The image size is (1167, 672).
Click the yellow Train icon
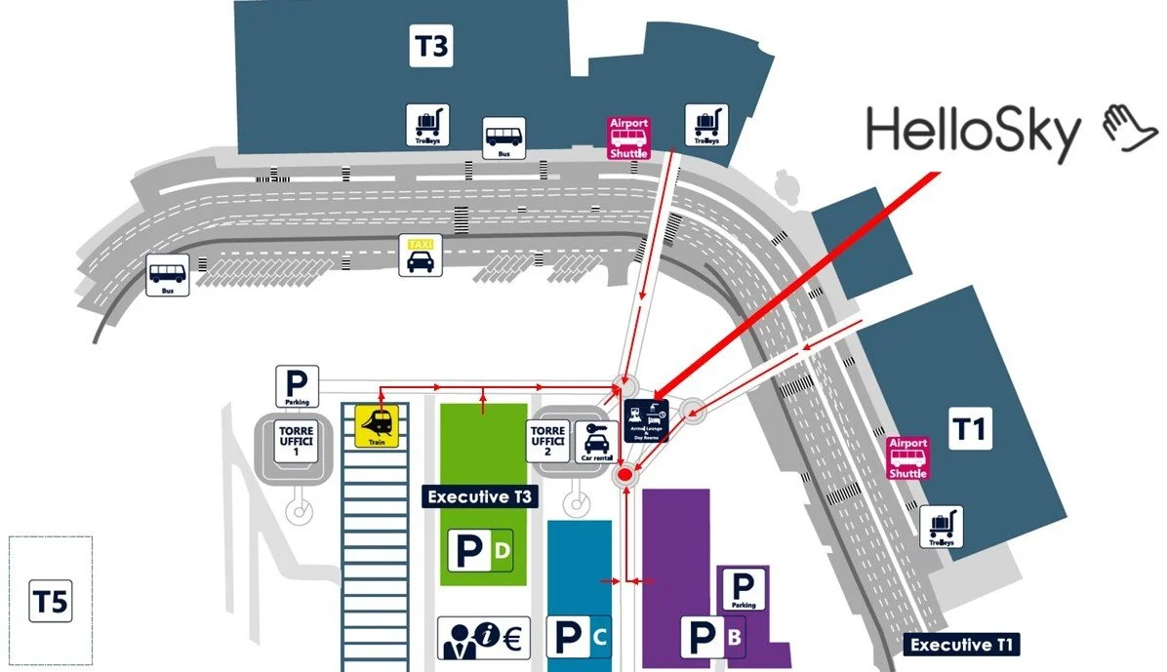pos(377,425)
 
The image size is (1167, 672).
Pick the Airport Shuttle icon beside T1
pos(907,458)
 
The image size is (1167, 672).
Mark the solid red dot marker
pos(626,477)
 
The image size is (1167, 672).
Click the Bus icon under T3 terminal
pos(504,138)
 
